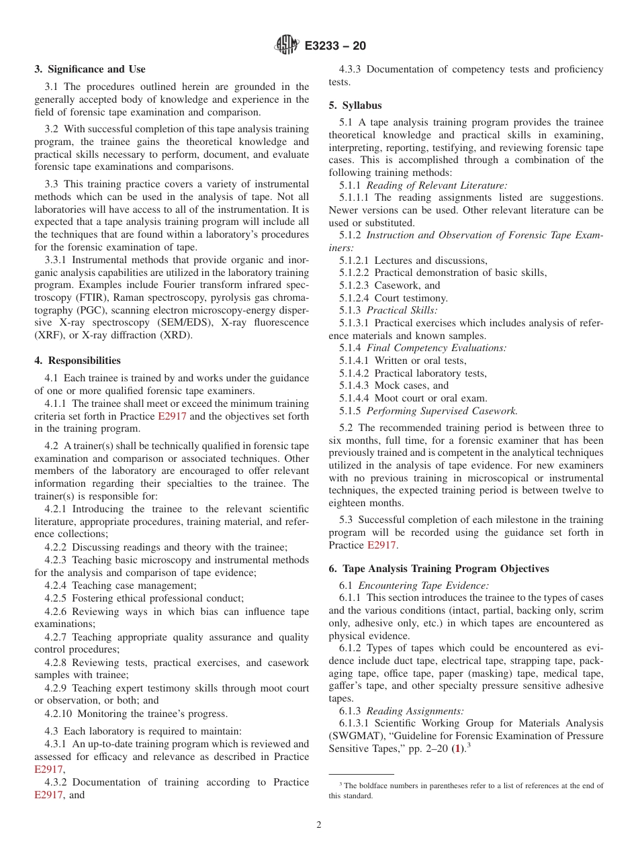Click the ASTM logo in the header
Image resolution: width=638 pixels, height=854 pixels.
point(287,46)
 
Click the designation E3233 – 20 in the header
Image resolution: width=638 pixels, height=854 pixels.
point(335,46)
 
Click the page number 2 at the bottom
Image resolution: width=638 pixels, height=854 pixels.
point(319,825)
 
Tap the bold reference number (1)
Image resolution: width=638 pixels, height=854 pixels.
point(457,749)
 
